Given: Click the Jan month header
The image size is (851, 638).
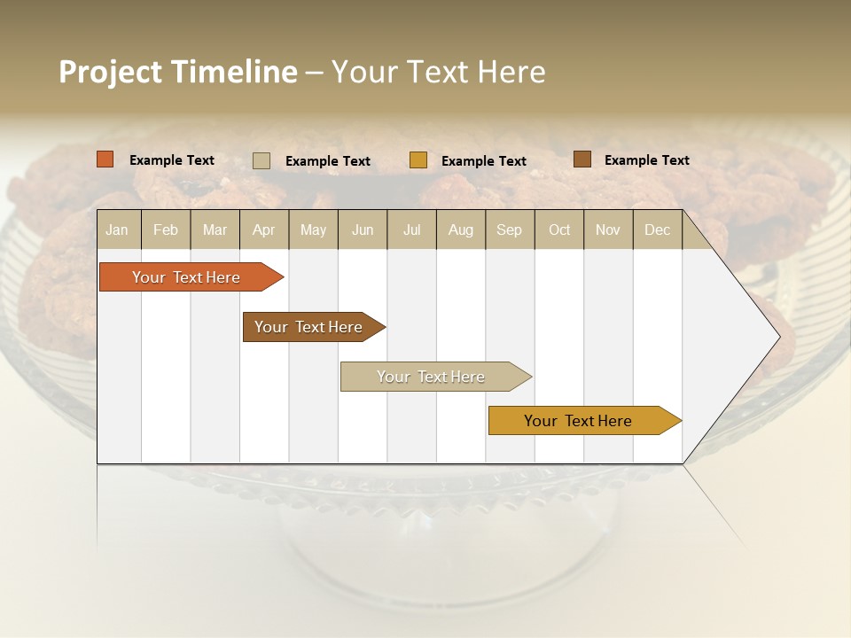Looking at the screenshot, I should click(x=118, y=230).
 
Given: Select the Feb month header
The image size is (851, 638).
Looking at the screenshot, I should click(x=166, y=230).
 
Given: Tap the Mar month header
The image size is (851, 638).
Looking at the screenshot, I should click(x=215, y=230).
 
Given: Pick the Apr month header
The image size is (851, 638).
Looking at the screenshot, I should click(x=264, y=230).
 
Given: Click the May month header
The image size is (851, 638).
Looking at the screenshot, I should click(x=313, y=230).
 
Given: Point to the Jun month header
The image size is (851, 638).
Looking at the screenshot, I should click(x=363, y=230).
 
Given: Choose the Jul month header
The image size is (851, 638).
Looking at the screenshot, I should click(x=411, y=230).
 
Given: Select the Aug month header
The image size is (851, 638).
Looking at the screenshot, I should click(x=461, y=230).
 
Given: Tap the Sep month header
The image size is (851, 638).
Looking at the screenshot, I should click(x=510, y=230).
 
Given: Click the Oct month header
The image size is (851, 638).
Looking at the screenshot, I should click(x=559, y=230).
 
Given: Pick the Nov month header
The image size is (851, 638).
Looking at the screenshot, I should click(x=608, y=230).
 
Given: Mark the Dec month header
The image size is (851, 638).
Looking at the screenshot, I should click(x=657, y=230).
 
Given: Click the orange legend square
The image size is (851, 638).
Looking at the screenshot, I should click(x=105, y=159).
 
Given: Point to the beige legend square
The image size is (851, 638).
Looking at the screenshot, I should click(x=262, y=160).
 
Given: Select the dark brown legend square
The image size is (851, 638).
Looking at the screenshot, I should click(x=582, y=159).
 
